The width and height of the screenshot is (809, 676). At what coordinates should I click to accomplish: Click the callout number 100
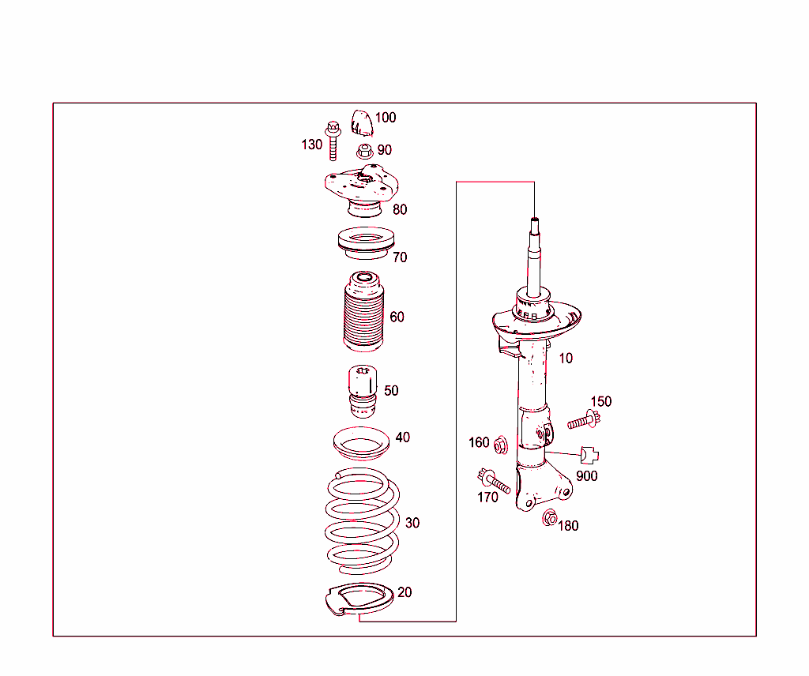(x=386, y=118)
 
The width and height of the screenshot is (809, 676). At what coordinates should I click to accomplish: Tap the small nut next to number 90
(x=364, y=150)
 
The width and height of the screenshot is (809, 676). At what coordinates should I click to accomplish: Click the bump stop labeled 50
(x=362, y=392)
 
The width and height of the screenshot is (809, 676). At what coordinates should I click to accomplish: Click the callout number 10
(x=566, y=358)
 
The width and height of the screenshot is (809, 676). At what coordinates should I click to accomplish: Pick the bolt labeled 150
(x=581, y=420)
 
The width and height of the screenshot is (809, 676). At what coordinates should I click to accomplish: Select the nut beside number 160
(x=500, y=446)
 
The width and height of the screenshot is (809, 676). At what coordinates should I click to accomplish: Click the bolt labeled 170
(x=493, y=479)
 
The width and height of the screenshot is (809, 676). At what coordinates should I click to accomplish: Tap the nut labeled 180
(x=549, y=519)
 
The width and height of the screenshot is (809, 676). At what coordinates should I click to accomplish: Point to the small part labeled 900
(x=589, y=455)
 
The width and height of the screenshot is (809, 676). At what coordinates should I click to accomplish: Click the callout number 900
(x=586, y=476)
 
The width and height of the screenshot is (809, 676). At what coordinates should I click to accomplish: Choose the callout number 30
(x=412, y=523)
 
